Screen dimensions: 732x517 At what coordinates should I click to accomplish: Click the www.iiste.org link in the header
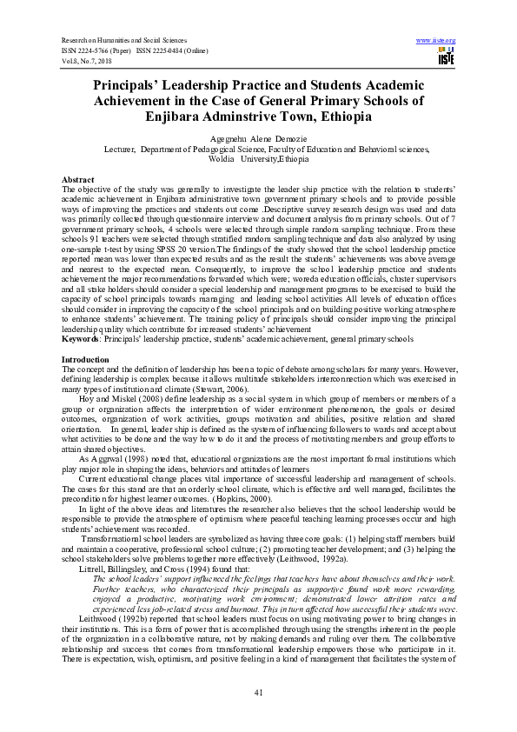coord(436,41)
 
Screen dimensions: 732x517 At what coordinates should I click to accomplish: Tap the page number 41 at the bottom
coord(258,691)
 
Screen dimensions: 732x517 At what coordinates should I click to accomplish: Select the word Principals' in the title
coord(136,85)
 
